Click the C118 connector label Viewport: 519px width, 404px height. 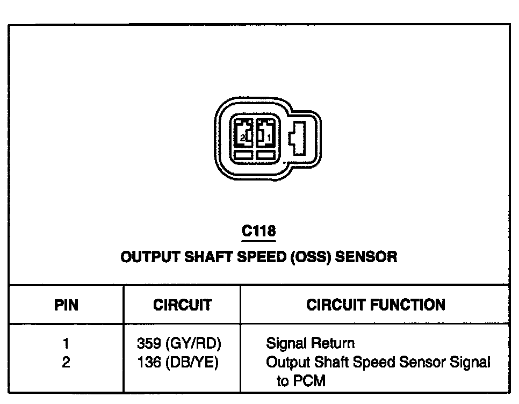[x=258, y=231]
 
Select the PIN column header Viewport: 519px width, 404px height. [x=66, y=306]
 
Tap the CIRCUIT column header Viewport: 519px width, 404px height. [x=182, y=306]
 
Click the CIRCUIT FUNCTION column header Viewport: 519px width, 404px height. [x=376, y=305]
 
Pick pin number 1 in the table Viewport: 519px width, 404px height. [x=66, y=343]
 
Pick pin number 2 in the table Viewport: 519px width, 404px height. [x=66, y=363]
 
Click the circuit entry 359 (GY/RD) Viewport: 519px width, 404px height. [x=179, y=343]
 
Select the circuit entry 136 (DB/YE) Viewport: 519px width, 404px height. [x=178, y=363]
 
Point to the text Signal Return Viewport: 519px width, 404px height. [x=310, y=343]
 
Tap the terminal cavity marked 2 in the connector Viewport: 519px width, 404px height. [x=243, y=133]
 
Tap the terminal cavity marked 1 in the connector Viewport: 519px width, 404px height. [x=265, y=133]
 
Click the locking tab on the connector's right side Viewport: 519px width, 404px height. [x=297, y=138]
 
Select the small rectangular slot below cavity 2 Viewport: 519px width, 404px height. [x=243, y=155]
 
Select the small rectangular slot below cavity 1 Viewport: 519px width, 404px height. [x=265, y=155]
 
